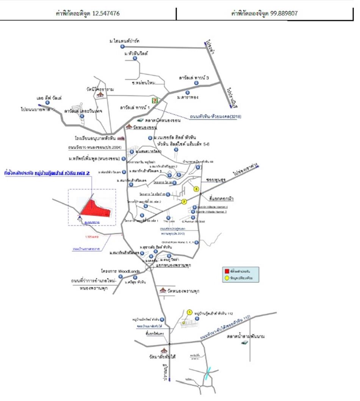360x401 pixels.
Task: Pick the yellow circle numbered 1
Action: [x=189, y=312]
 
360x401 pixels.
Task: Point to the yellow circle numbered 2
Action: [x=184, y=202]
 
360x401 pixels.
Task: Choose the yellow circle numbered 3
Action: [x=196, y=189]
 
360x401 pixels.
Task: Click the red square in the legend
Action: [x=227, y=271]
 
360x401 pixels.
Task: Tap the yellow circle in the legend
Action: [x=227, y=278]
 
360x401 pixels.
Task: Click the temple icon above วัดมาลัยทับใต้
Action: [x=164, y=350]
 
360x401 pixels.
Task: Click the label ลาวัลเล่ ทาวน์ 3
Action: [x=194, y=78]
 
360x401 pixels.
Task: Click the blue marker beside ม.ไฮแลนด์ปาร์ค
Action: [x=122, y=47]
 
